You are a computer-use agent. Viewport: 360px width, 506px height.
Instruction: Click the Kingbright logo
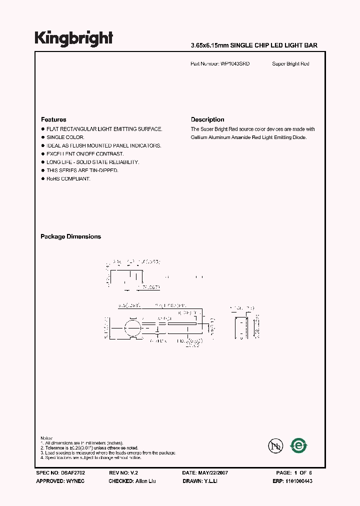click(73, 38)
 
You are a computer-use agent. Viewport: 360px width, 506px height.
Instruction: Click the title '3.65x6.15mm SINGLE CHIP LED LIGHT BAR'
click(254, 45)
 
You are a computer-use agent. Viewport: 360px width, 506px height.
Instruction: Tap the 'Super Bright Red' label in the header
click(290, 64)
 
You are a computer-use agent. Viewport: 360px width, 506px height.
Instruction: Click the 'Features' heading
click(53, 119)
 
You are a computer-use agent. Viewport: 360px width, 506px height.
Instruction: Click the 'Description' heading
click(207, 119)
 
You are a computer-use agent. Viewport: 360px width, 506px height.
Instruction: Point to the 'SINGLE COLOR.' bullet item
click(65, 137)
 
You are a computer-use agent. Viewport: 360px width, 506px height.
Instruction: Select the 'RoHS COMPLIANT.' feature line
click(68, 178)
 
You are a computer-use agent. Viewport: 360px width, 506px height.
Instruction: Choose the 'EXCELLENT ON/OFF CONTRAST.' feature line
click(85, 153)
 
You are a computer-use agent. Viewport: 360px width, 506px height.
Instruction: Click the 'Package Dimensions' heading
click(70, 236)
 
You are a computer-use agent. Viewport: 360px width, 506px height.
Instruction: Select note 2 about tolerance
click(90, 448)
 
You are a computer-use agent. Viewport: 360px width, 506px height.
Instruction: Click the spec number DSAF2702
click(75, 472)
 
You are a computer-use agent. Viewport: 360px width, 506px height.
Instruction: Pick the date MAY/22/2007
click(212, 472)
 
